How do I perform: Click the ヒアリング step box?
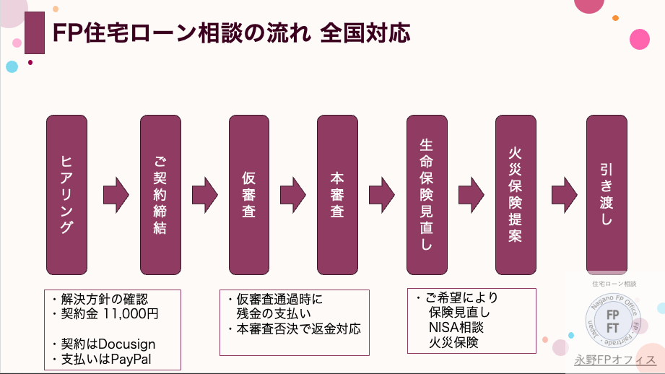(x=66, y=194)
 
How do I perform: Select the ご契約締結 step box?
(x=160, y=194)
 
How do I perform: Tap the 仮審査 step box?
(x=249, y=194)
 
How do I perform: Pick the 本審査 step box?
(x=337, y=194)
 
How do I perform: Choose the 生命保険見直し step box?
(x=427, y=194)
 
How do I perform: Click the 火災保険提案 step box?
(x=516, y=194)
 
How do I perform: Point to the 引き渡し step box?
(x=607, y=194)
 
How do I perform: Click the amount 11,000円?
(x=131, y=314)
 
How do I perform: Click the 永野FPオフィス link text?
(x=615, y=360)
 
